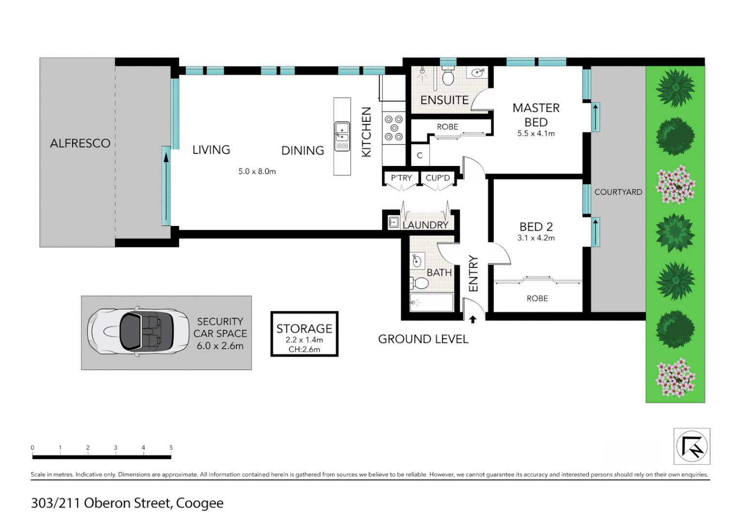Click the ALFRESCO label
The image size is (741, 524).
click(80, 143)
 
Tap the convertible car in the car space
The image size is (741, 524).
click(138, 332)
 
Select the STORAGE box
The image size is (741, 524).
click(304, 334)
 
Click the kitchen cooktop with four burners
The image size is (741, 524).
click(393, 128)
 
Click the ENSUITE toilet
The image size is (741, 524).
click(448, 77)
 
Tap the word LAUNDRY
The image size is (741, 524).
click(425, 225)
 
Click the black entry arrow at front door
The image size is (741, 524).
click(473, 319)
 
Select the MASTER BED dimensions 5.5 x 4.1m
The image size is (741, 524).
click(536, 133)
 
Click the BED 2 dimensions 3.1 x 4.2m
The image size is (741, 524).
click(536, 238)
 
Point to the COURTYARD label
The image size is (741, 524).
click(618, 192)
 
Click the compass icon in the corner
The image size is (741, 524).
click(692, 446)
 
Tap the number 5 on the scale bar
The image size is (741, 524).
click(171, 448)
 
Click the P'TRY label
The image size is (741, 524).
click(401, 178)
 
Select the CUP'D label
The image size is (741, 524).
click(437, 178)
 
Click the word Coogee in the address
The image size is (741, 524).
click(199, 503)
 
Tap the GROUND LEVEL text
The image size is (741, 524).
click(423, 339)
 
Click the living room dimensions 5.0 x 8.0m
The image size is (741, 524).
click(257, 171)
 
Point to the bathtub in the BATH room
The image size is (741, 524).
click(432, 302)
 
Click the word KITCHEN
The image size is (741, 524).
click(367, 132)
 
